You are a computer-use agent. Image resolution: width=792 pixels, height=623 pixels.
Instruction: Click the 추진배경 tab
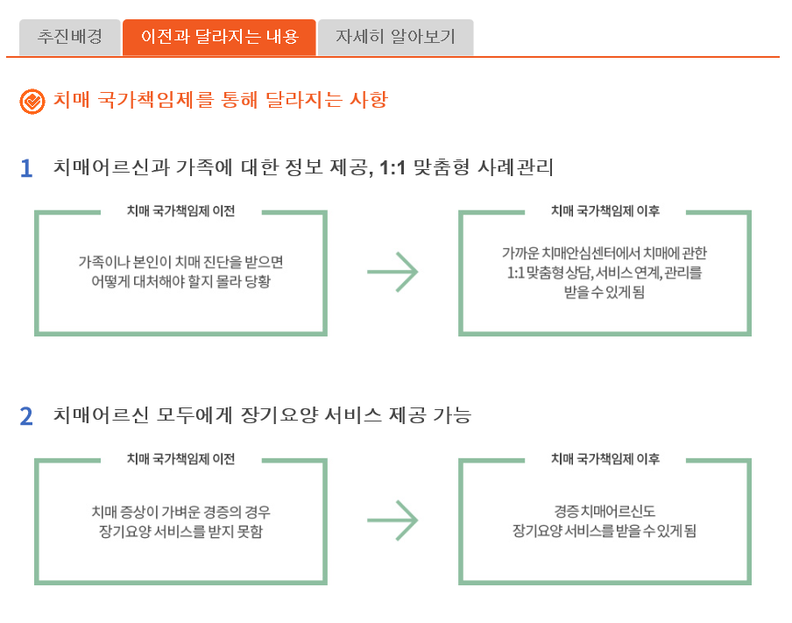click(70, 38)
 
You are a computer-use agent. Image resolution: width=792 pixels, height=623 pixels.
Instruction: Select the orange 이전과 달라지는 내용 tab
click(219, 38)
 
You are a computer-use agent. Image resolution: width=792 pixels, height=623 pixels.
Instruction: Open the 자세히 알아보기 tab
click(395, 38)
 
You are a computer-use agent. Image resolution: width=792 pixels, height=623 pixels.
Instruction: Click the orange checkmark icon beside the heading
click(32, 102)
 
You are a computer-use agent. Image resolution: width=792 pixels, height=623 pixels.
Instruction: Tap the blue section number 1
click(26, 168)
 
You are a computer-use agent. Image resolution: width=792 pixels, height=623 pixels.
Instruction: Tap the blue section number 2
click(26, 416)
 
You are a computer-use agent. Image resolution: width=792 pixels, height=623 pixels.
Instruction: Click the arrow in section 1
click(392, 273)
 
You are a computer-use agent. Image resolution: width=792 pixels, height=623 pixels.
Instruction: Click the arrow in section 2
click(392, 520)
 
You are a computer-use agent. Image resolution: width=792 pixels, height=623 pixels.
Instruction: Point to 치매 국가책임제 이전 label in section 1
click(180, 211)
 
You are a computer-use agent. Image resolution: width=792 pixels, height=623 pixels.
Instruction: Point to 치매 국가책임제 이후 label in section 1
click(605, 211)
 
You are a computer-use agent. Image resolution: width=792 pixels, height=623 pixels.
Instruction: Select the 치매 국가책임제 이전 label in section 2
click(180, 459)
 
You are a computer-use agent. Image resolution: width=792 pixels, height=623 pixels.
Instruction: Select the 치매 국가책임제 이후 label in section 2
click(605, 459)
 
